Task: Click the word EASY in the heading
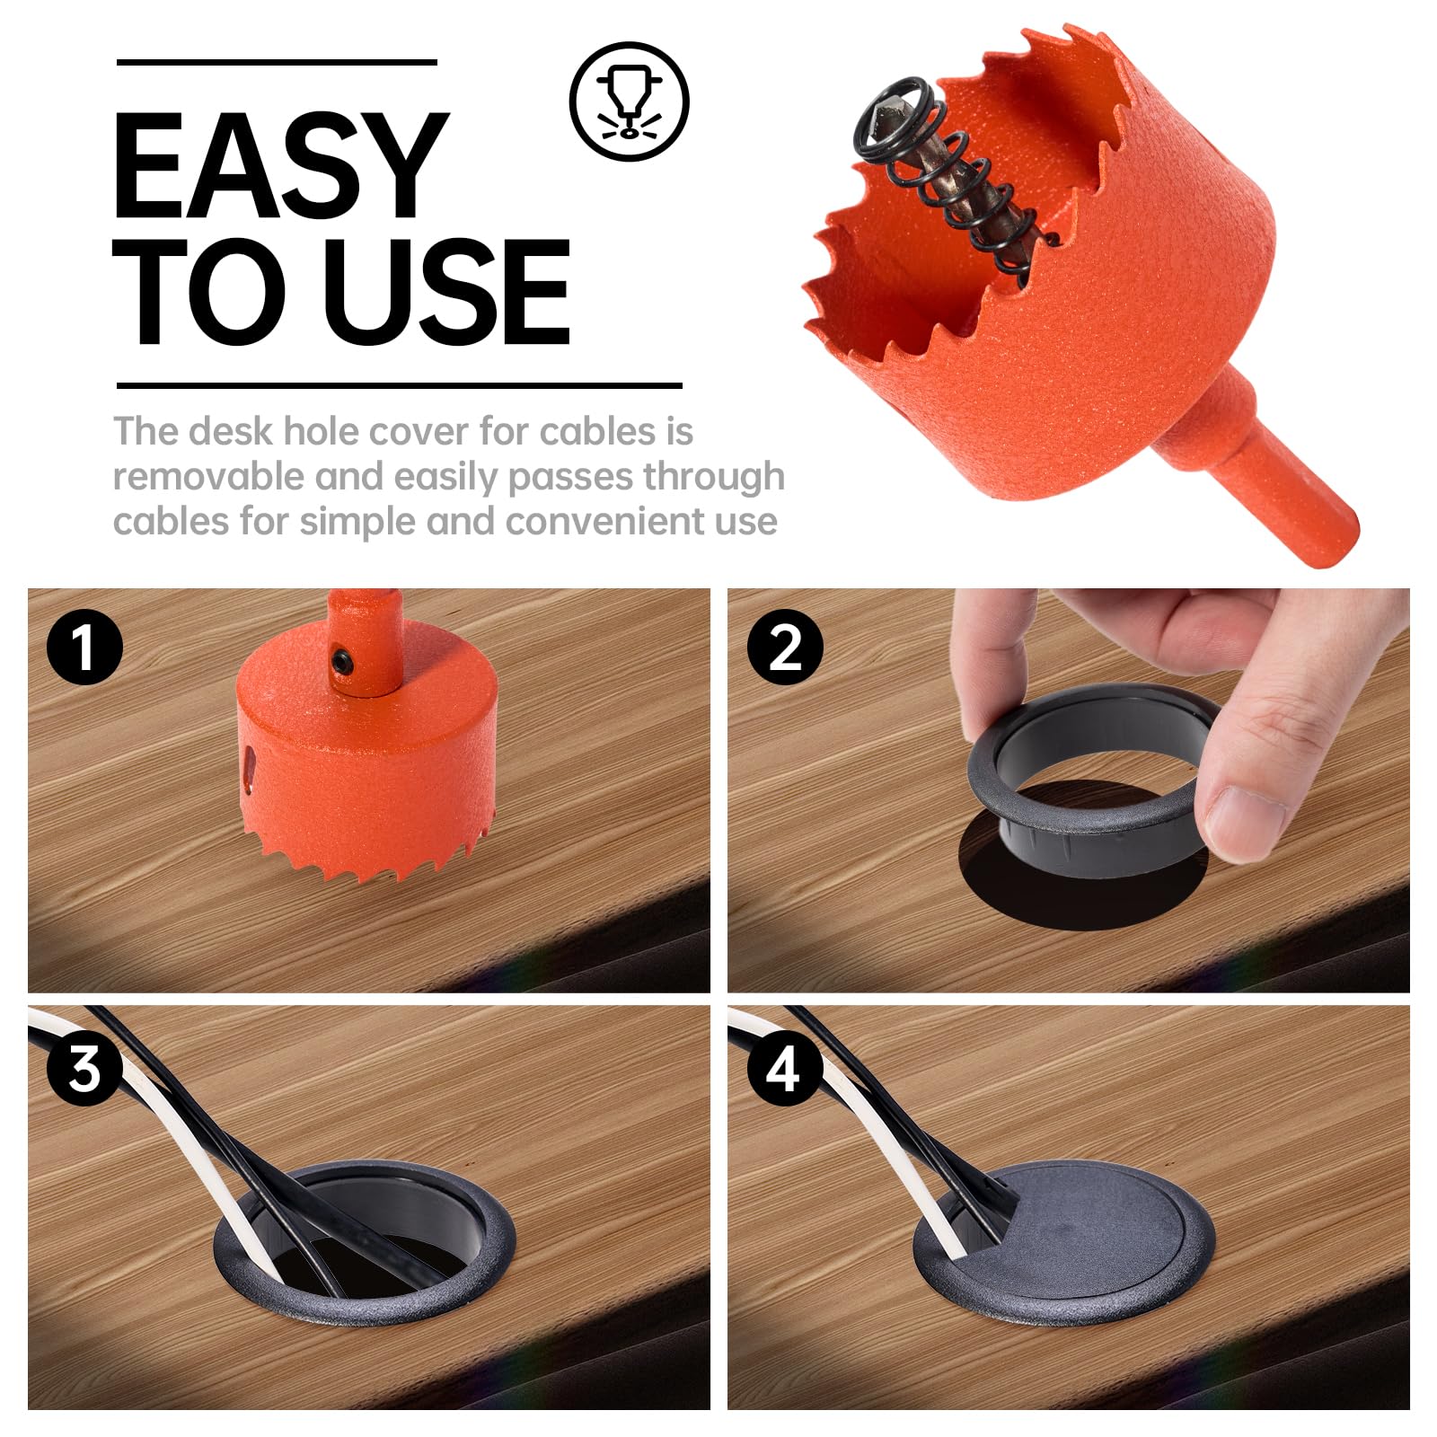280,166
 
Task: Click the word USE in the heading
446,293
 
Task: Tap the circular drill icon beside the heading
629,101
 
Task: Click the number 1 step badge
84,647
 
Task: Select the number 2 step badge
785,647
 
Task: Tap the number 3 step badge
84,1069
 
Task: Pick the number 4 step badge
783,1069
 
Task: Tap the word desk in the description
231,432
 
